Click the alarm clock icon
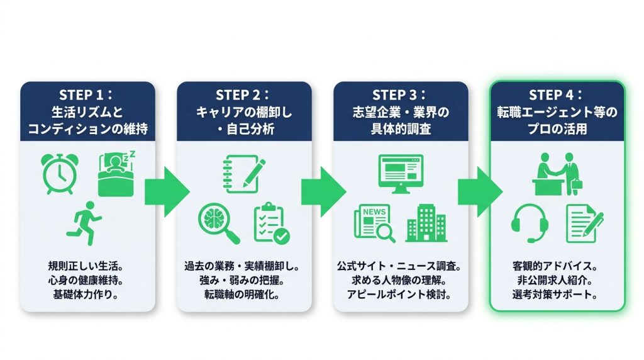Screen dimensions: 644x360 tap(60, 174)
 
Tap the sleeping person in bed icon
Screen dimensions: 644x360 tap(116, 174)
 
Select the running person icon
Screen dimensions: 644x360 tap(85, 223)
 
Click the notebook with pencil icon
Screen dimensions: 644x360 tap(244, 174)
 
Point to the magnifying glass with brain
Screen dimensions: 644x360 tap(218, 224)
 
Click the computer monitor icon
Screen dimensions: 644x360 tap(401, 174)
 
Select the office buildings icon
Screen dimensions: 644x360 tap(426, 223)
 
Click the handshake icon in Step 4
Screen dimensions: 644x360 tap(557, 174)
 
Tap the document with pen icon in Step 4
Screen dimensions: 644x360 tap(584, 223)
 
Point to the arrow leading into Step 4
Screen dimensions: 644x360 tap(480, 192)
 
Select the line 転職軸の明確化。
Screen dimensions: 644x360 tap(242, 295)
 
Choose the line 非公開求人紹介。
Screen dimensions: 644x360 tap(555, 280)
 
